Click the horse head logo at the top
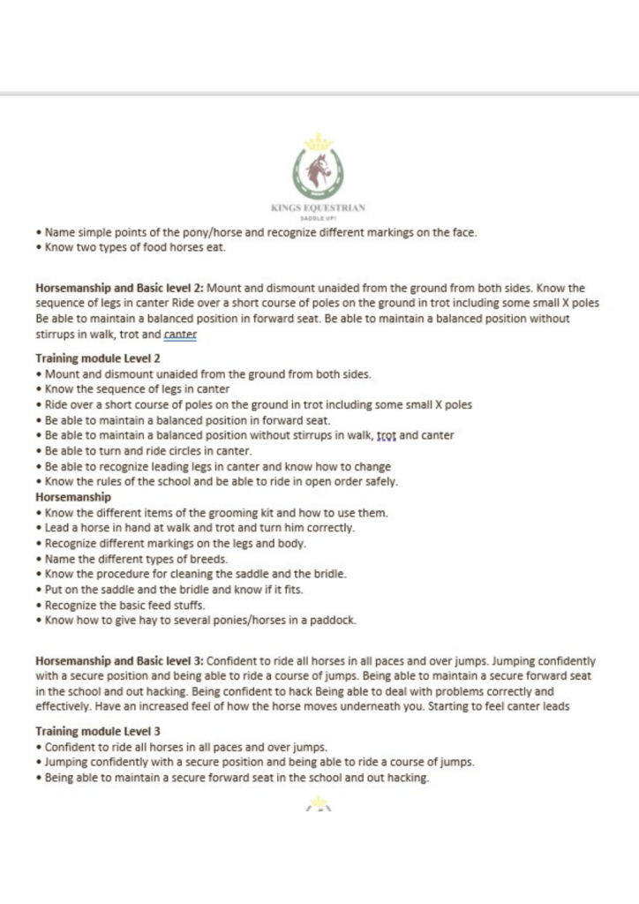point(319,170)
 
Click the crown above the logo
point(319,142)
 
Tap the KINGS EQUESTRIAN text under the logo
point(319,208)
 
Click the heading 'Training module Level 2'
point(97,358)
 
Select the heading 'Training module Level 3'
point(97,732)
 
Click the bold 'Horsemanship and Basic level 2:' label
point(119,289)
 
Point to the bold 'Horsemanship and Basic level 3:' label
point(119,660)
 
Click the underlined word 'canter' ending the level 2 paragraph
point(182,335)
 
